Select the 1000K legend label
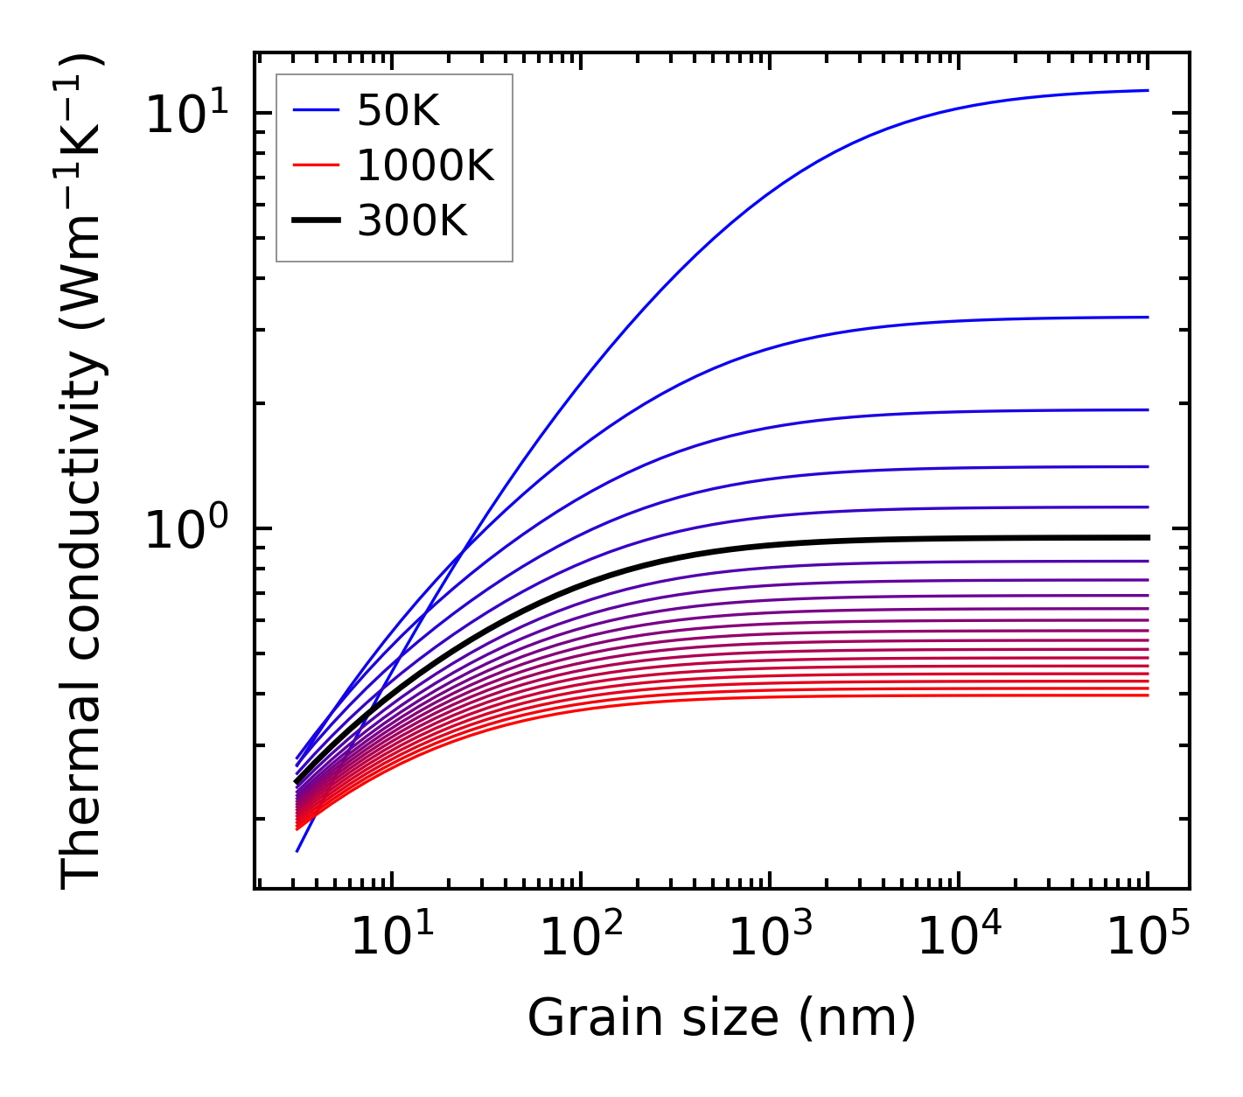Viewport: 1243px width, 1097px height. tap(425, 165)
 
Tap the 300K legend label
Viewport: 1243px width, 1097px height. tap(412, 221)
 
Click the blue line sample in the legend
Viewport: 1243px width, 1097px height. tap(315, 110)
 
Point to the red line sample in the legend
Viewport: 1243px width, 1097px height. tap(315, 165)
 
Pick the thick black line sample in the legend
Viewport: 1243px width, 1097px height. tap(315, 221)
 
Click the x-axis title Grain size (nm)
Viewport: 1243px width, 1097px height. tap(722, 1018)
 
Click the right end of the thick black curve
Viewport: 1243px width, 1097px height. tap(1147, 537)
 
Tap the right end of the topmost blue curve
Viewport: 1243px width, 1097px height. tap(1147, 90)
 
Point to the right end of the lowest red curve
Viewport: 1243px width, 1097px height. tap(1147, 695)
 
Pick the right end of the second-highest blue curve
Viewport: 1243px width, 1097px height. tap(1147, 318)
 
